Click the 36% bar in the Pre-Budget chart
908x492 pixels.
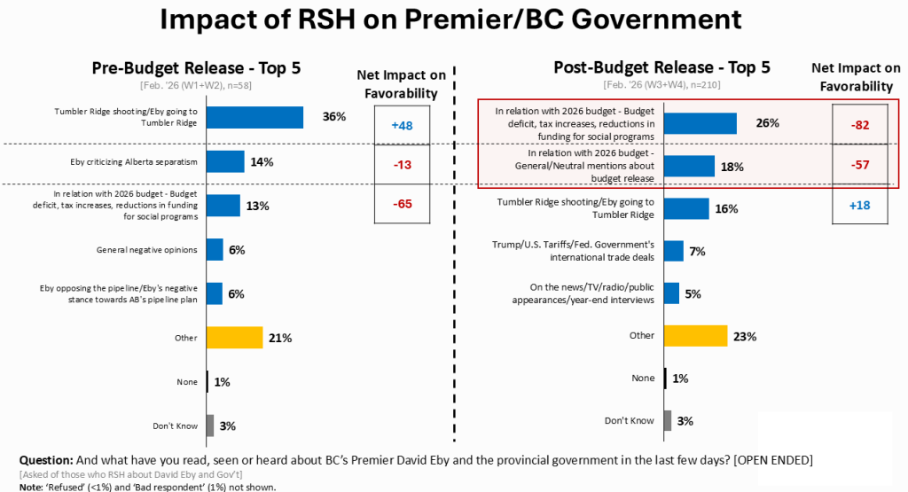point(254,118)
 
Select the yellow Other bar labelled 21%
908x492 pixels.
point(234,338)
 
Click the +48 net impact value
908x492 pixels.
point(403,125)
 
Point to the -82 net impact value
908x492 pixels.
point(859,124)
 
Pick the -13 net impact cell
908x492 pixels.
point(403,164)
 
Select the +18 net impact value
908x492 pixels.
point(859,206)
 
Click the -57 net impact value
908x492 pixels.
point(859,165)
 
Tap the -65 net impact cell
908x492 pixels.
point(403,204)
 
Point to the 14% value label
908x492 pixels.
point(262,162)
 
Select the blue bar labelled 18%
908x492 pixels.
point(689,166)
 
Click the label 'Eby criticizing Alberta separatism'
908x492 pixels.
point(133,161)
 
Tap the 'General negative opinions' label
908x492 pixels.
point(146,250)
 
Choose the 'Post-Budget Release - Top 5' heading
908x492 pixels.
point(661,67)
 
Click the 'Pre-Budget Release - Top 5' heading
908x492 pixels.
point(203,68)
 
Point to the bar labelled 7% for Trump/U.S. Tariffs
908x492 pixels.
point(673,251)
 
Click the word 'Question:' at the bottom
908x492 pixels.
point(48,461)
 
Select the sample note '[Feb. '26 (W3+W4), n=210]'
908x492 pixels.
point(661,84)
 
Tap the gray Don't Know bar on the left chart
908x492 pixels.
point(209,426)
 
